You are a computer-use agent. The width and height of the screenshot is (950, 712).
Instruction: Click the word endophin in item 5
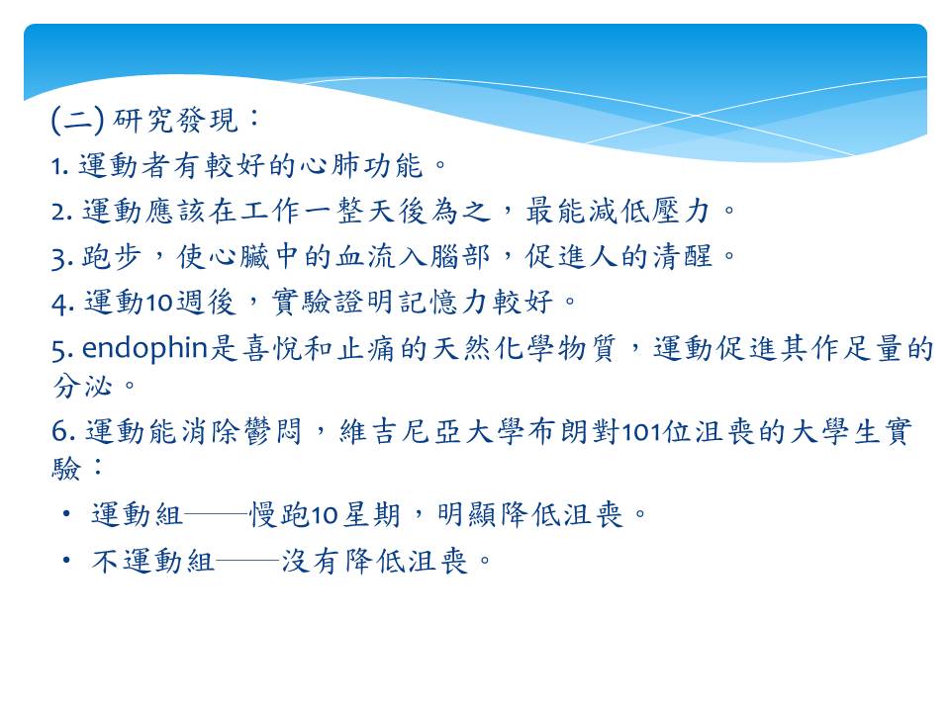[144, 349]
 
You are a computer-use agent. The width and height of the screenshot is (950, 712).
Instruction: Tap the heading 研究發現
[175, 120]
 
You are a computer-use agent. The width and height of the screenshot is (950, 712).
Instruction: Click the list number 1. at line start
[60, 166]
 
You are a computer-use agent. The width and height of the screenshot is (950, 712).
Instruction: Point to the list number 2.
[61, 212]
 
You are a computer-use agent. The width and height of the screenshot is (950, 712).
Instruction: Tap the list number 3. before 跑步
[61, 258]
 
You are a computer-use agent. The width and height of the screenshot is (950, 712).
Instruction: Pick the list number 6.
[63, 432]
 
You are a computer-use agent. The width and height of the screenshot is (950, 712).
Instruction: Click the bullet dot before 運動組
[66, 514]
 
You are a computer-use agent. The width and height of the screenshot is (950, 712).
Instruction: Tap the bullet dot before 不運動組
[66, 561]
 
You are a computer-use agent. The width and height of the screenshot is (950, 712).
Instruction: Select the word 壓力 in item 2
[681, 212]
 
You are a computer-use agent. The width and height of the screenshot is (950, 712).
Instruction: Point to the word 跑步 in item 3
[112, 257]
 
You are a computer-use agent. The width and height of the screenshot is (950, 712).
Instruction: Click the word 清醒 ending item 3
[684, 257]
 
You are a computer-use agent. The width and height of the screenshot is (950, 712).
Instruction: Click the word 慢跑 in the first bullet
[280, 514]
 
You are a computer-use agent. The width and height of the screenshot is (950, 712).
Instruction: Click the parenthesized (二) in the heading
[77, 120]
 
